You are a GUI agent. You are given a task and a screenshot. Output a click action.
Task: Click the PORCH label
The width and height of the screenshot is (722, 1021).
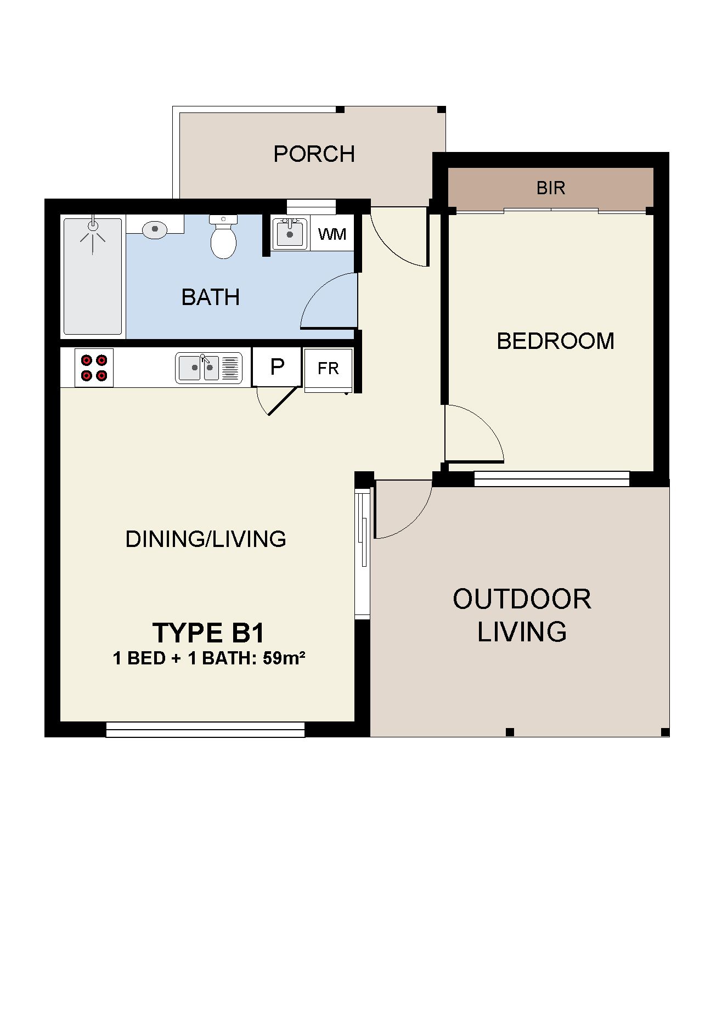point(314,154)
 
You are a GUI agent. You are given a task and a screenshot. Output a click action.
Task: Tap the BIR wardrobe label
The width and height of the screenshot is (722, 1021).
point(551,188)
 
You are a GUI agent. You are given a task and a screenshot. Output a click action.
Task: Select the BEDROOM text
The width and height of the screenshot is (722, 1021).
point(555,341)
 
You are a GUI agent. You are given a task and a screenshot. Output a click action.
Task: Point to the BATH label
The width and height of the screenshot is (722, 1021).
point(211,297)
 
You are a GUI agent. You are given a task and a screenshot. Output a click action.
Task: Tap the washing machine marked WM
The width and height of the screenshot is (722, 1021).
point(332,234)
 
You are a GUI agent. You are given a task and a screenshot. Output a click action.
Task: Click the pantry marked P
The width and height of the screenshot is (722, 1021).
point(277,366)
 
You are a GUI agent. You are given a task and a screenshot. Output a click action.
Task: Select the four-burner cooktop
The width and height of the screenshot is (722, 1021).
point(94,368)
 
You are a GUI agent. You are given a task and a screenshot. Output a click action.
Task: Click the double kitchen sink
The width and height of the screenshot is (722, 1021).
point(208,368)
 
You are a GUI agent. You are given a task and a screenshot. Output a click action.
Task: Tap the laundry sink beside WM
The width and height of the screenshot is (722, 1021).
point(290,234)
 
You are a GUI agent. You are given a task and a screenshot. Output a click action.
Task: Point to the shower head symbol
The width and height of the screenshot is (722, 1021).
point(93,234)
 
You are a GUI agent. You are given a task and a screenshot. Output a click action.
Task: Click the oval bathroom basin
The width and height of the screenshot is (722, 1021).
point(155,229)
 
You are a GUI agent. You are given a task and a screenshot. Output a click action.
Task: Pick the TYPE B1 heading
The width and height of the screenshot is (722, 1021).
point(208,632)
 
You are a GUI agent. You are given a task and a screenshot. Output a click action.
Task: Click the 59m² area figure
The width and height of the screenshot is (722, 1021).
point(284,657)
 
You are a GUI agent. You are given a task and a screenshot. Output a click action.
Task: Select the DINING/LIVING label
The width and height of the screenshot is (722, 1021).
point(206,539)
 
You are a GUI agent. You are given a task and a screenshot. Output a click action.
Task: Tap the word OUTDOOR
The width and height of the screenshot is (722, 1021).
point(522,599)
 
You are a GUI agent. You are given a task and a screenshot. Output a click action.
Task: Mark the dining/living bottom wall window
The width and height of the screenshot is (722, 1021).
point(205,729)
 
